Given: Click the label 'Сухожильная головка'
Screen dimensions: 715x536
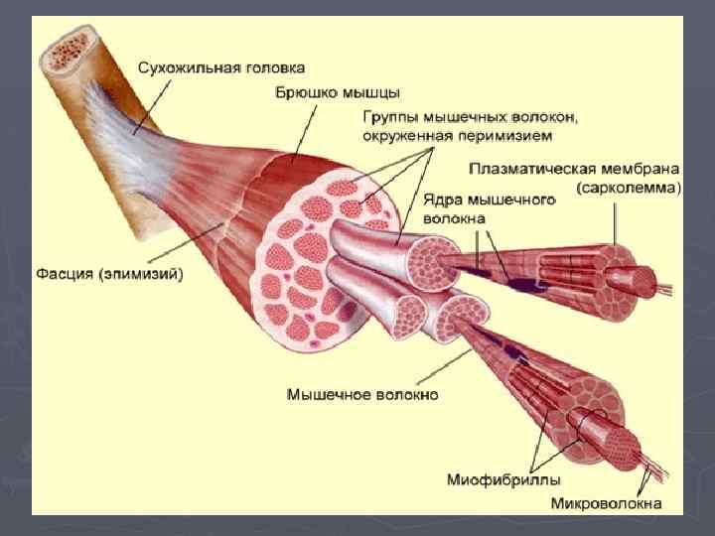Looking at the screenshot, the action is [x=220, y=67].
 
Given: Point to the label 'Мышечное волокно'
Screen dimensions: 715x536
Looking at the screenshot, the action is [x=362, y=394].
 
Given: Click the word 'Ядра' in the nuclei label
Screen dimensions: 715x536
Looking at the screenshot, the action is [x=440, y=200].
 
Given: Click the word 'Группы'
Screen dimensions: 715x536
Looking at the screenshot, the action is [x=391, y=117].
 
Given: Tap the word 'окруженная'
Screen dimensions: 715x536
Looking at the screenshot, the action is [x=400, y=134].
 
